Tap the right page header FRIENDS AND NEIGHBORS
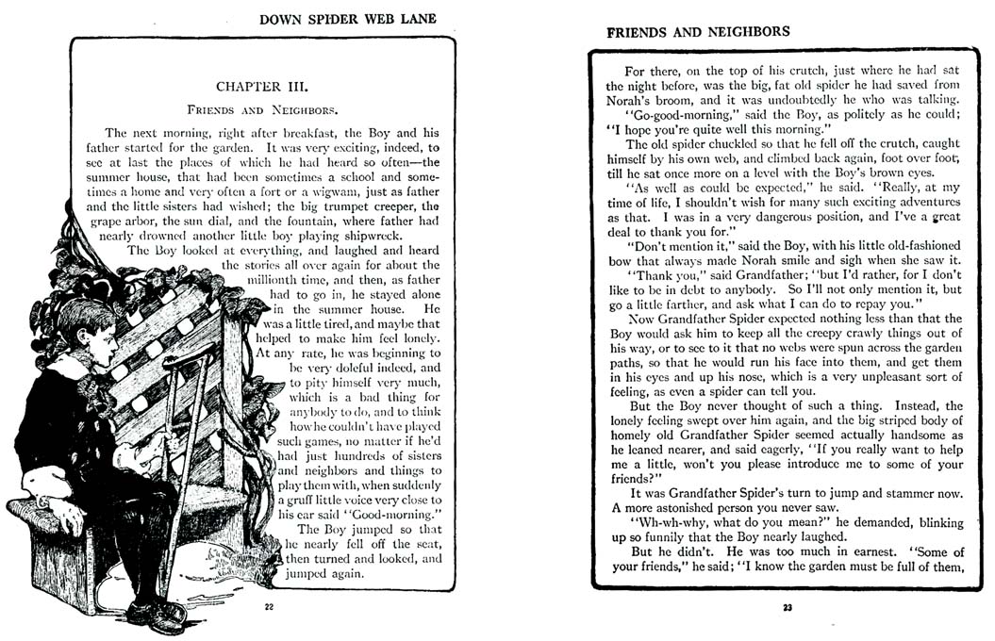[x=698, y=31]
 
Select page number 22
[x=269, y=606]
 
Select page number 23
[x=788, y=607]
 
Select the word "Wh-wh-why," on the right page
[x=668, y=522]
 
